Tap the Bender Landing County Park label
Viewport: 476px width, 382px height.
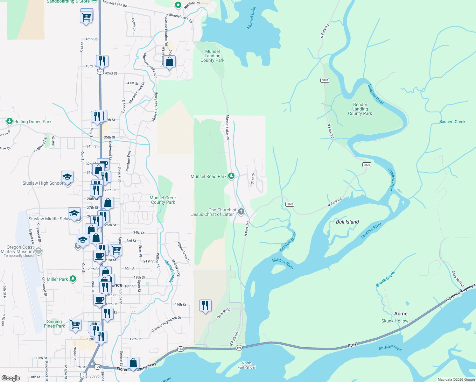coord(360,109)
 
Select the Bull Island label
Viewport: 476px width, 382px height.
coord(347,222)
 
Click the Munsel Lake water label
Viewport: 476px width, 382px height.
coord(251,18)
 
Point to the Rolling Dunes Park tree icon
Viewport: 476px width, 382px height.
coord(10,121)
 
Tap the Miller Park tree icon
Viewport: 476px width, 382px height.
coord(73,279)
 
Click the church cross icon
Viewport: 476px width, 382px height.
coord(241,211)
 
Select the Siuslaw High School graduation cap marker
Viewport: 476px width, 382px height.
coord(67,177)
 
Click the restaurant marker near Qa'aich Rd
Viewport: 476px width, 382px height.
coord(205,306)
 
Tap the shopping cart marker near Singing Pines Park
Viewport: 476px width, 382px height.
coord(75,325)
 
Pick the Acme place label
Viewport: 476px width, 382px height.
coord(401,314)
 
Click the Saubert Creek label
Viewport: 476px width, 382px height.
coord(452,122)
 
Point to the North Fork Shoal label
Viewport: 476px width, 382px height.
coord(247,365)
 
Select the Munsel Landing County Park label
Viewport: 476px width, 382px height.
coord(212,56)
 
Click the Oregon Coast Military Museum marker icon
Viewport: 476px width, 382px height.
coord(38,251)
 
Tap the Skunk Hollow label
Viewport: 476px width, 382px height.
coord(395,321)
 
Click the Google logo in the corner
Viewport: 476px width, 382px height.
coord(10,378)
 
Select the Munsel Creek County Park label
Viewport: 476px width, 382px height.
coord(163,200)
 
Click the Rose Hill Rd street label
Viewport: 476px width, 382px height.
coord(458,278)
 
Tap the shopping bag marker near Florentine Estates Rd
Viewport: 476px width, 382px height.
coord(170,61)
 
